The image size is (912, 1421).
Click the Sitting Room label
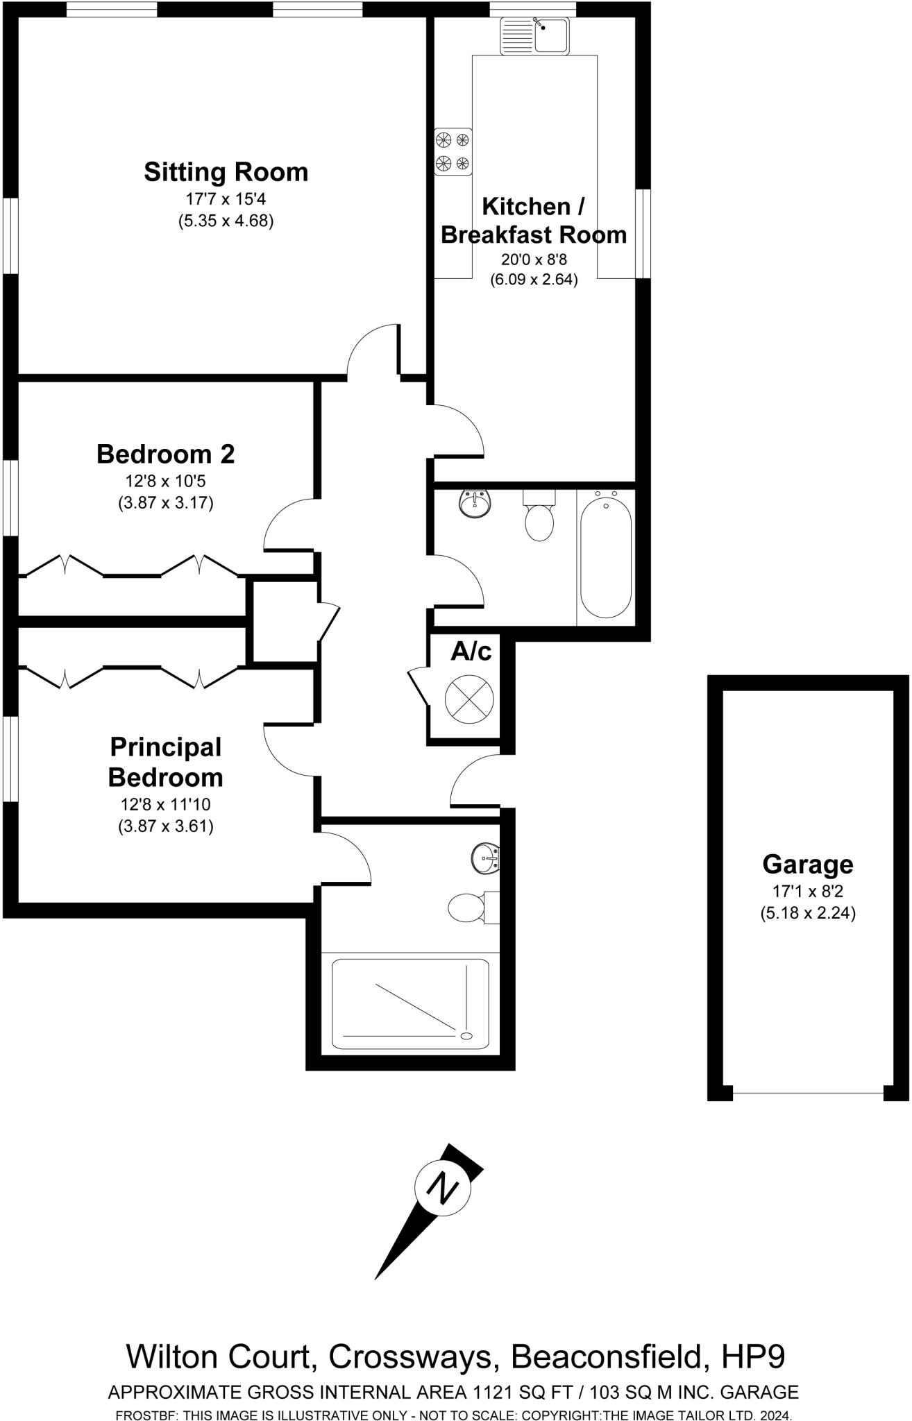click(x=226, y=172)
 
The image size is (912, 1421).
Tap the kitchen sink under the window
click(x=534, y=35)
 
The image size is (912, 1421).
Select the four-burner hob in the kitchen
click(x=453, y=152)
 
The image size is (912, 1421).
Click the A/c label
click(x=471, y=652)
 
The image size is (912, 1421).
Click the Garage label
click(x=807, y=865)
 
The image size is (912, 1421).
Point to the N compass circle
click(x=442, y=1189)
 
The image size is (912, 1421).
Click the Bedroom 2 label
click(x=165, y=454)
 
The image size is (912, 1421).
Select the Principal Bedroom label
click(x=165, y=762)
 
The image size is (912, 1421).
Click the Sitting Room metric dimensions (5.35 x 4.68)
click(x=226, y=221)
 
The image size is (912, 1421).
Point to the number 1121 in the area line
click(x=491, y=1392)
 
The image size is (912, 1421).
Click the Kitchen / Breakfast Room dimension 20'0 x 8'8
click(x=534, y=259)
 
